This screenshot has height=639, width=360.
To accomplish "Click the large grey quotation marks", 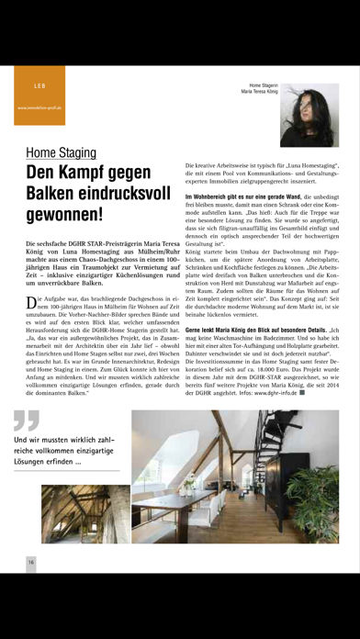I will point(27,420).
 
